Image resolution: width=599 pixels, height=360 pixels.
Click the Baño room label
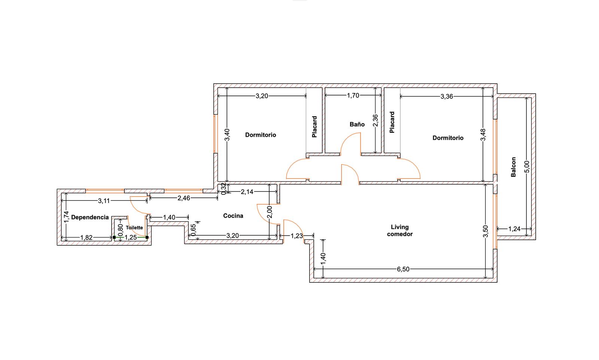[x=357, y=124]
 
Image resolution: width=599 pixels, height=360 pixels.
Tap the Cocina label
[x=233, y=216]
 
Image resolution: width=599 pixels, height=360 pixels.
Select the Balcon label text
[x=513, y=167]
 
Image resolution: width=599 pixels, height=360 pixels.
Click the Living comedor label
[x=400, y=230]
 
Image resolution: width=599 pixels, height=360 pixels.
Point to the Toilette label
[x=134, y=227]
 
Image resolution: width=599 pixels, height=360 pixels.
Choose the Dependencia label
[x=90, y=217]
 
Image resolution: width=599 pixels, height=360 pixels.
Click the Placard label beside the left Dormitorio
[x=314, y=127]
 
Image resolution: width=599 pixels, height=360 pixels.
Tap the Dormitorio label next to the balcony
[x=448, y=138]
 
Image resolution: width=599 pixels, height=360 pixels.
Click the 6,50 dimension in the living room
[x=403, y=269]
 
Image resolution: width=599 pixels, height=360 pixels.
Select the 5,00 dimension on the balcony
[x=527, y=166]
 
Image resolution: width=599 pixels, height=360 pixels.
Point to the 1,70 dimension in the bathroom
[x=353, y=96]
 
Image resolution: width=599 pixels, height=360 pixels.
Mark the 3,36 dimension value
[x=447, y=96]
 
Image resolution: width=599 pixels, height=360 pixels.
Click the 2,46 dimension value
[x=184, y=198]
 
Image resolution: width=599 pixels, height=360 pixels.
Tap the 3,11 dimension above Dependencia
[x=104, y=201]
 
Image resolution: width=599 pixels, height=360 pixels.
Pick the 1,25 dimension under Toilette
[x=131, y=238]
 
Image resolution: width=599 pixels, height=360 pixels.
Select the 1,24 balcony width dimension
[x=514, y=229]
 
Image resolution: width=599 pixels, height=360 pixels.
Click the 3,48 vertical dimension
[x=483, y=134]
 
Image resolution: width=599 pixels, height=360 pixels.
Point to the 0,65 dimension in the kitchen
[x=194, y=230]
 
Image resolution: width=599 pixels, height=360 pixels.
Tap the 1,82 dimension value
[x=86, y=238]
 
